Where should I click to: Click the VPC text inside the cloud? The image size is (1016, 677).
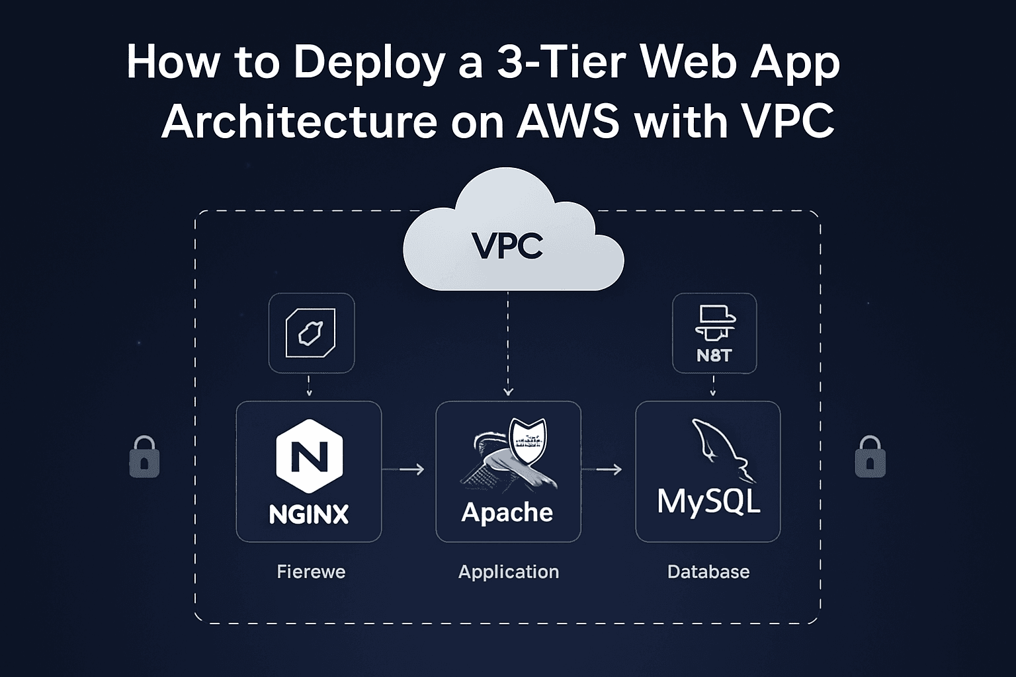pyautogui.click(x=507, y=245)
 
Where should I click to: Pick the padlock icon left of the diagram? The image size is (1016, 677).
pyautogui.click(x=144, y=457)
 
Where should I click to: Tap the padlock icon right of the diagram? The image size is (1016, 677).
pyautogui.click(x=870, y=457)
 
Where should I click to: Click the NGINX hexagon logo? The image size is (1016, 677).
pyautogui.click(x=309, y=456)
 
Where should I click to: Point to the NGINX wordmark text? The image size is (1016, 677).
pyautogui.click(x=309, y=514)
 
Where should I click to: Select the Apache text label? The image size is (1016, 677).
pyautogui.click(x=507, y=512)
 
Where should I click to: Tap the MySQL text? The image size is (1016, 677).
pyautogui.click(x=708, y=501)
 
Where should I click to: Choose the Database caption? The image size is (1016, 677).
pyautogui.click(x=708, y=572)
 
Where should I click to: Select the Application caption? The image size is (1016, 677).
pyautogui.click(x=509, y=572)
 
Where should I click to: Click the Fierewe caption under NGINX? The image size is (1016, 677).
pyautogui.click(x=311, y=572)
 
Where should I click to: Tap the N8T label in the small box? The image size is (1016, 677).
pyautogui.click(x=714, y=356)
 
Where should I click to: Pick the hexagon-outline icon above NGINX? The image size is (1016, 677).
pyautogui.click(x=310, y=333)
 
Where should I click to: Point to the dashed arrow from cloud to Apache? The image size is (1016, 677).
pyautogui.click(x=508, y=344)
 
